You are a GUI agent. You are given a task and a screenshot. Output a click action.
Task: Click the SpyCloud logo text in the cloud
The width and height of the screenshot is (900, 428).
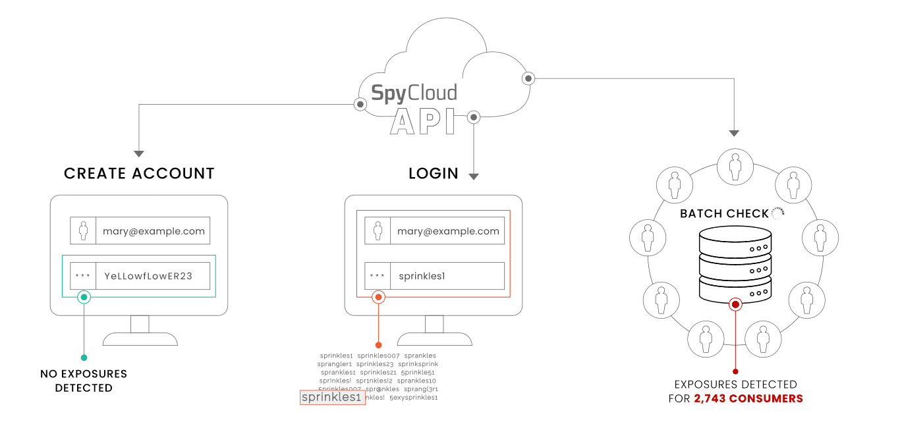click(414, 93)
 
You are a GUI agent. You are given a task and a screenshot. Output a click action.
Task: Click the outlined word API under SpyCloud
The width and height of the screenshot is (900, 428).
click(422, 122)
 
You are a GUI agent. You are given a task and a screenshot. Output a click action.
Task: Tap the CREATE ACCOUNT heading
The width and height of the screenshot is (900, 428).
click(139, 174)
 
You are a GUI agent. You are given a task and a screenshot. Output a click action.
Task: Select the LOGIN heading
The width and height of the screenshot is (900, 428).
click(433, 174)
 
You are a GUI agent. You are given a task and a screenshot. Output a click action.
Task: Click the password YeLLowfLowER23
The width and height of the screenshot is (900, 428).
click(148, 276)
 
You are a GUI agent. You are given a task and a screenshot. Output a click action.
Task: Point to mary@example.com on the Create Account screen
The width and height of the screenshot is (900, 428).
click(154, 231)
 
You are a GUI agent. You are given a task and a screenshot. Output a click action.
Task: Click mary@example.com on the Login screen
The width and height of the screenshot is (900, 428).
click(448, 231)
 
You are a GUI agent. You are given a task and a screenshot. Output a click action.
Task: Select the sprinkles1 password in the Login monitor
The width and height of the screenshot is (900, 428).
click(422, 276)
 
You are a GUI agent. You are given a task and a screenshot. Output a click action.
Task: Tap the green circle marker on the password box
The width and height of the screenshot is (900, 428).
click(84, 297)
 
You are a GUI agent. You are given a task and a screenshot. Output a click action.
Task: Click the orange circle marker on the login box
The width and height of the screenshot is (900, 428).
click(378, 297)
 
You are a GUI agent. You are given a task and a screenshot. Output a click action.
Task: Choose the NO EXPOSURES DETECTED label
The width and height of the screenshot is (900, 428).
click(84, 381)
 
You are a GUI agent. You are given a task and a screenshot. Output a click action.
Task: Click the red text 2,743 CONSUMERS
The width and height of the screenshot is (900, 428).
click(748, 398)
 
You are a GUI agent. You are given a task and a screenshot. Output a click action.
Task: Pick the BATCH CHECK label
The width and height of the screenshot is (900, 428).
click(724, 214)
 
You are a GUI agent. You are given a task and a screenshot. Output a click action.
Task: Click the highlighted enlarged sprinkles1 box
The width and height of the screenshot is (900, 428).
click(332, 398)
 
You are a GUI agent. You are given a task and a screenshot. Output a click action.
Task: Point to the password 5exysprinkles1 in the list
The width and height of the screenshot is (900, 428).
click(413, 398)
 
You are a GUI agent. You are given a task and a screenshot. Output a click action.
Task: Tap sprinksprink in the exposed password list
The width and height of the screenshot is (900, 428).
click(418, 364)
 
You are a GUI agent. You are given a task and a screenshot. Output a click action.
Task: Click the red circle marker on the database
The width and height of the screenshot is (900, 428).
click(736, 304)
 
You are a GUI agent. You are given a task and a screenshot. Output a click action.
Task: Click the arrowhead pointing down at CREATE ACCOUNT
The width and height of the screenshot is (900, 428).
click(139, 154)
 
